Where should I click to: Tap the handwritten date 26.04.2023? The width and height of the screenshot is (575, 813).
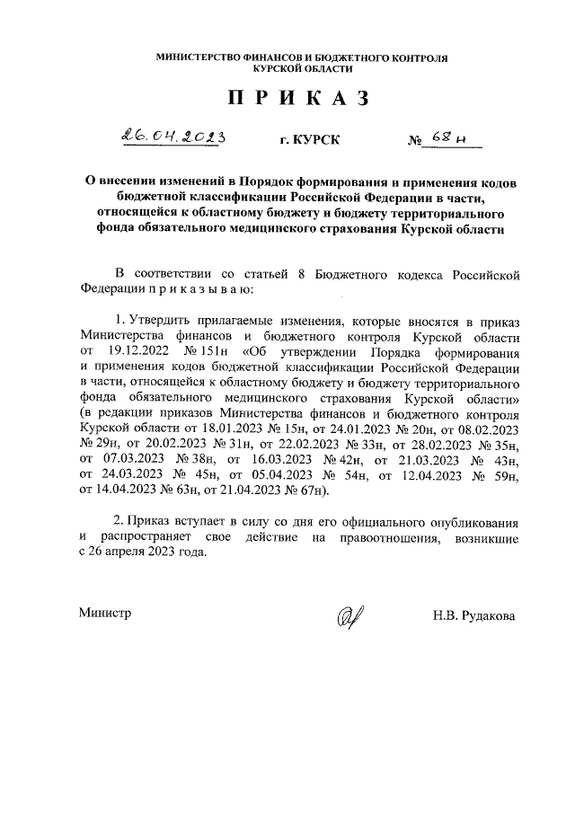(x=173, y=137)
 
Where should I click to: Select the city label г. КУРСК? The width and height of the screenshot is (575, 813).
(x=311, y=141)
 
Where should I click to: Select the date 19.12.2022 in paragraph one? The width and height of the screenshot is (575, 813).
(x=138, y=353)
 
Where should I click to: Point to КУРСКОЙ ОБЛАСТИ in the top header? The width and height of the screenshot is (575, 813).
(x=302, y=68)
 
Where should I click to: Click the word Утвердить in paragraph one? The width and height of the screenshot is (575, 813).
(x=162, y=321)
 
